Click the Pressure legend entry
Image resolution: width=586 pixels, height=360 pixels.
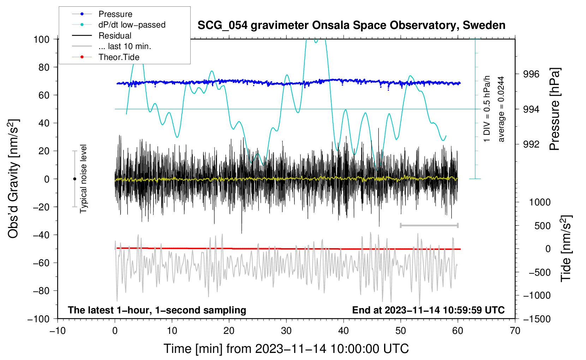point(115,14)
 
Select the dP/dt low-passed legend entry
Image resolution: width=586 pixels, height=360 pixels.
point(132,25)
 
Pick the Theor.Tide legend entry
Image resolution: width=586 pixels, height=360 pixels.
point(119,57)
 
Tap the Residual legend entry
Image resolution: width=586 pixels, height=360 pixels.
point(115,36)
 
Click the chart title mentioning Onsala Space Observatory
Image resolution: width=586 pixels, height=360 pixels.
point(351,25)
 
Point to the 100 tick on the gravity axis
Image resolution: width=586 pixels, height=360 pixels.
point(41,39)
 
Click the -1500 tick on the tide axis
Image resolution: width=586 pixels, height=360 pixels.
point(537,319)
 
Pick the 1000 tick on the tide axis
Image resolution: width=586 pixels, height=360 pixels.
point(540,202)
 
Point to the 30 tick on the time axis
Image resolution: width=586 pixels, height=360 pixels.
point(286,331)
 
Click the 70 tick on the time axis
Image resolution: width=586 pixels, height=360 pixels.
point(515,331)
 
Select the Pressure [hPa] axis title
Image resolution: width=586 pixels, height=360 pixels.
point(555,109)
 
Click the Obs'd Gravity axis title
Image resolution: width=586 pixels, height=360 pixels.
point(13,179)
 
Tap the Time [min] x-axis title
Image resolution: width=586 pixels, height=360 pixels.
point(286,349)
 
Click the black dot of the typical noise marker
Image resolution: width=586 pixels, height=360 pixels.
point(74,179)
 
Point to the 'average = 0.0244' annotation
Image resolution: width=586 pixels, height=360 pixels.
point(501,109)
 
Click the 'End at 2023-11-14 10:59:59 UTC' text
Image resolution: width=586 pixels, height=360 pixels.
point(428,310)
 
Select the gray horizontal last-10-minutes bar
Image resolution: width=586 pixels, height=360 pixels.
point(429,225)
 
